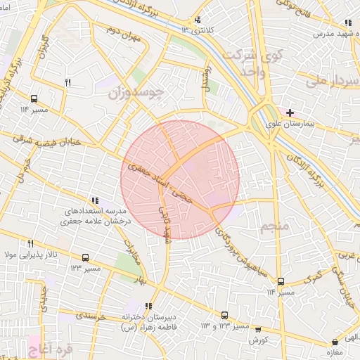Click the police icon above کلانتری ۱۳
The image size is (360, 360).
tap(198, 20)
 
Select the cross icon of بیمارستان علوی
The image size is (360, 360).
tap(289, 112)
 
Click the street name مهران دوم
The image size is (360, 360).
tap(124, 32)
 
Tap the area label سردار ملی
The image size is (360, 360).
tap(327, 81)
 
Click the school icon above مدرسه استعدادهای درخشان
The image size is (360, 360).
tap(95, 200)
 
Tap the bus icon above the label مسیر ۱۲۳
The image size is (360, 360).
tap(86, 258)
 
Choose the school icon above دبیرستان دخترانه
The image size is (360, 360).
tap(148, 306)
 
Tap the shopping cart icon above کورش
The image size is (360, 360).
tap(258, 328)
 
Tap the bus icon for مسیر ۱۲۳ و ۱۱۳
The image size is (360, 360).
tap(224, 316)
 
